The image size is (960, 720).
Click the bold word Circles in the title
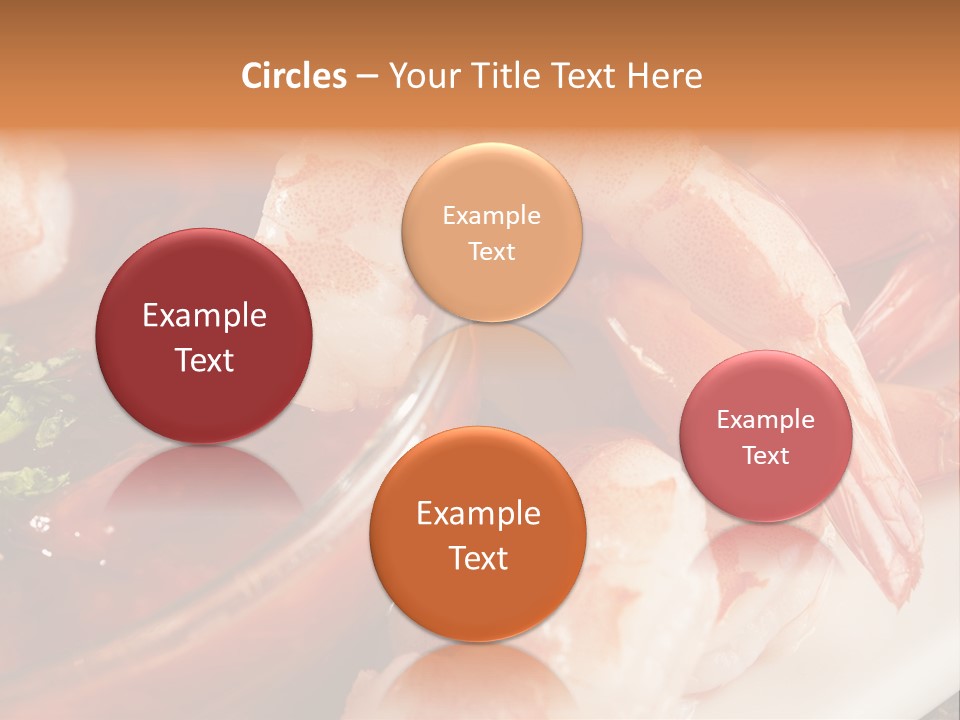(x=294, y=76)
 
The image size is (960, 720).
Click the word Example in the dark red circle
(x=204, y=316)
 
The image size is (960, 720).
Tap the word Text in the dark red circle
(x=204, y=360)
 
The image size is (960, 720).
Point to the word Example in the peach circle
(x=491, y=216)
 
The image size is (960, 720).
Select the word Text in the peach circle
(x=491, y=251)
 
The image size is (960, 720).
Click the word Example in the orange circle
(x=478, y=514)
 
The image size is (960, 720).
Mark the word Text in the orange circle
(x=478, y=558)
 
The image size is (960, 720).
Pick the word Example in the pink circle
(x=766, y=420)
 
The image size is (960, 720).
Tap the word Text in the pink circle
(x=766, y=455)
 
